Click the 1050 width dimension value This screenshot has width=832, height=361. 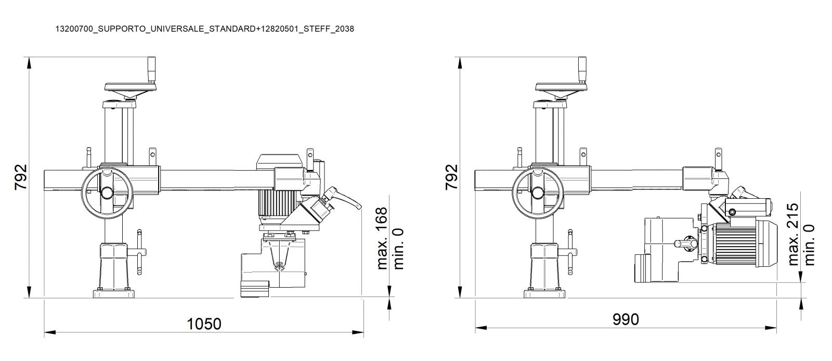click(x=204, y=324)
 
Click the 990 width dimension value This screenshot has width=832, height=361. click(x=626, y=319)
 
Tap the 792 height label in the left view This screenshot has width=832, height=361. click(x=21, y=177)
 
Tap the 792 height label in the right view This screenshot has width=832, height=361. click(x=452, y=177)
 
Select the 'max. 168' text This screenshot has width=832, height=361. click(x=382, y=238)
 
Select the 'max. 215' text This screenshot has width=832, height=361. click(x=792, y=235)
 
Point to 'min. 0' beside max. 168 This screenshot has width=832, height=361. click(x=398, y=249)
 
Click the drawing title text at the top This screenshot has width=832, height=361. click(x=205, y=29)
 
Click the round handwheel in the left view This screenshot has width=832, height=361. click(x=107, y=192)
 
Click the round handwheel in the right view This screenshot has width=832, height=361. click(x=538, y=192)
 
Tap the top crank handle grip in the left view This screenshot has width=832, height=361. click(x=151, y=70)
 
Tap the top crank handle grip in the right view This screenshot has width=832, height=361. click(x=582, y=70)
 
